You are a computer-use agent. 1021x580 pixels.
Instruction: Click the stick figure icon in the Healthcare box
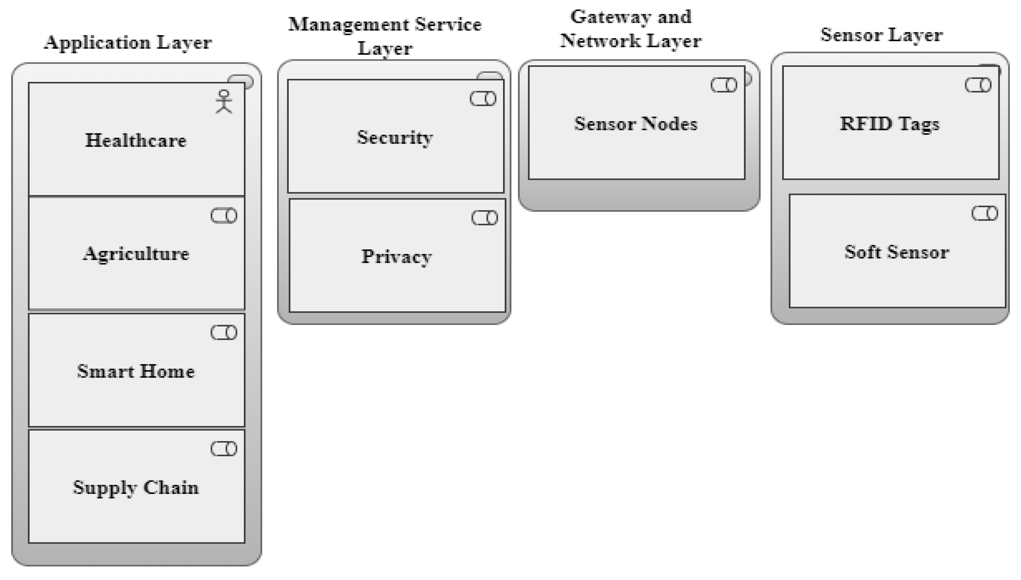(224, 101)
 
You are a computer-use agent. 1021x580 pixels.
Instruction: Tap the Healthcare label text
(136, 141)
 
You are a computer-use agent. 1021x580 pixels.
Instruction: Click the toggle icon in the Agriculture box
(224, 216)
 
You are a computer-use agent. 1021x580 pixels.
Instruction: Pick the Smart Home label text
(136, 371)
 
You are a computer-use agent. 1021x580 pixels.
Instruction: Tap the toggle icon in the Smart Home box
(224, 332)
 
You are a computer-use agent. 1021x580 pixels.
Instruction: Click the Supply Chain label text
(136, 488)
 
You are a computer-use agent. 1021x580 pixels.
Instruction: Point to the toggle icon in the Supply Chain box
(224, 449)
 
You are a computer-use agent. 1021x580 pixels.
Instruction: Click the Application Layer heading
(127, 43)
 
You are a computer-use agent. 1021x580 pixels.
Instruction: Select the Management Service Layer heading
(385, 36)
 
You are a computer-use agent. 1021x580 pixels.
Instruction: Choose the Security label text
(395, 138)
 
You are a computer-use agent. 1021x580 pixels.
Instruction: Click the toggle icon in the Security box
(483, 99)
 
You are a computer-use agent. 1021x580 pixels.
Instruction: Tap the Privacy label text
(397, 257)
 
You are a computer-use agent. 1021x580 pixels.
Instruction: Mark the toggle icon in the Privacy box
(485, 218)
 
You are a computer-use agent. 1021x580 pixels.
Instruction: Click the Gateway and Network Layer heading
(631, 29)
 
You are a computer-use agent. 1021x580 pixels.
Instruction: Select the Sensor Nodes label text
(635, 124)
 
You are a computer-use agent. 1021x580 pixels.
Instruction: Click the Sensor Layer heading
(881, 35)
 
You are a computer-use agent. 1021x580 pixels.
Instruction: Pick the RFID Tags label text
(890, 124)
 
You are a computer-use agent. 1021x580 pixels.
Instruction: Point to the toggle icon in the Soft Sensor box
(984, 214)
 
